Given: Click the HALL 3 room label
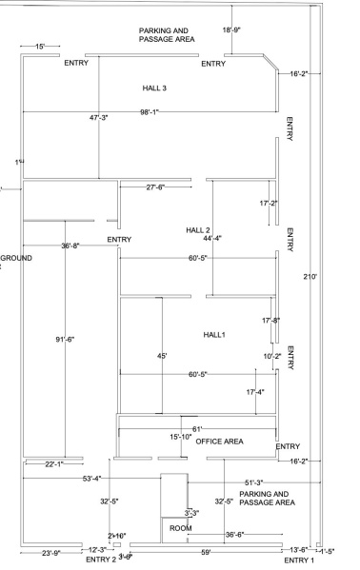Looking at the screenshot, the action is point(153,88).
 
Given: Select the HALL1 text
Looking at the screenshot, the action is point(214,335).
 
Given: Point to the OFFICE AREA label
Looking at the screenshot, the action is point(219,442).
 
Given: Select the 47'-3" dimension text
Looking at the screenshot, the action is point(99,117).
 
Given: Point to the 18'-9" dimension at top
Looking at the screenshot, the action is point(230,30).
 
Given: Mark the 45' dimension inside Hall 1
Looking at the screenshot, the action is point(162,356).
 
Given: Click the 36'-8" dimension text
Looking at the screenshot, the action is point(70,246).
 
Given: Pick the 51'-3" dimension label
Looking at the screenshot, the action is point(258,482).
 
